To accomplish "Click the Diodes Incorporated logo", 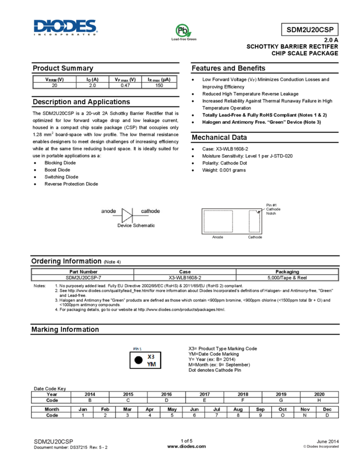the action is click(66, 26).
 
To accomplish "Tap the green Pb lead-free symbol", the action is click(182, 31).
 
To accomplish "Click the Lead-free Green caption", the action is click(184, 40).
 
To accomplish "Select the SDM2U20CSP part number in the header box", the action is click(310, 30).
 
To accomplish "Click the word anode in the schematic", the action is click(108, 211).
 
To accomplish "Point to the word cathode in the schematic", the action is click(151, 211).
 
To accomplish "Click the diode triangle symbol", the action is click(127, 214).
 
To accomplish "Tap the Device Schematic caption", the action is click(136, 225).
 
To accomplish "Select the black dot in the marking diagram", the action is click(138, 360).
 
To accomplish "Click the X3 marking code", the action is click(151, 356).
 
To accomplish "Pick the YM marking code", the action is click(151, 364).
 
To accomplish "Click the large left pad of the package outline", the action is click(218, 221).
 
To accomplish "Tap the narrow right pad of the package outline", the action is click(254, 221).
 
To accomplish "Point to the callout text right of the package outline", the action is click(272, 209).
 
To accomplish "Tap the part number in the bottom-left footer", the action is click(53, 441).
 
